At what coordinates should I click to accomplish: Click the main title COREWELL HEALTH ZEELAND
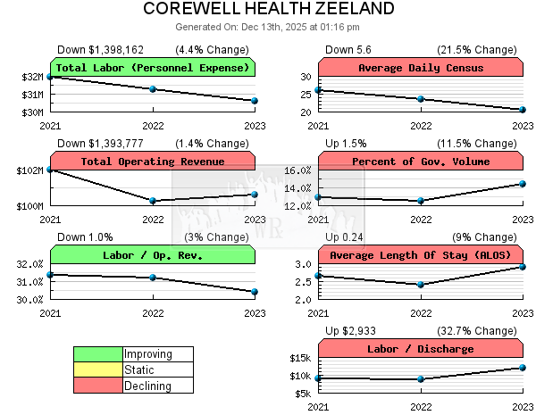[x=268, y=9]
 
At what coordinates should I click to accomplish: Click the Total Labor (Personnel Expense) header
[x=152, y=68]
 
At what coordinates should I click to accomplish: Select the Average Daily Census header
[x=420, y=68]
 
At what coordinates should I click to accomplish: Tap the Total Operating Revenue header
[x=152, y=162]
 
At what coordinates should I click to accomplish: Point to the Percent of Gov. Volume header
[x=420, y=162]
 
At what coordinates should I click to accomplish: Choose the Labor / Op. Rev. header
[x=152, y=255]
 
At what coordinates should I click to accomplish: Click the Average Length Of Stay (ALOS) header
[x=420, y=255]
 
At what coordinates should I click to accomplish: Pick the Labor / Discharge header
[x=420, y=349]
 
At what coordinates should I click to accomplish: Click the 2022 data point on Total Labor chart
[x=153, y=89]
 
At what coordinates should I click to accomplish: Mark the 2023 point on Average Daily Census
[x=523, y=110]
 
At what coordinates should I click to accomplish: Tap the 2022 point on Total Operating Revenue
[x=153, y=201]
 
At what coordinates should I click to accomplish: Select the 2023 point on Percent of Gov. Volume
[x=523, y=184]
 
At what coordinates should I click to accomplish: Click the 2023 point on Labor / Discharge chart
[x=523, y=368]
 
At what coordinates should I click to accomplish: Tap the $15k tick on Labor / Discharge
[x=299, y=358]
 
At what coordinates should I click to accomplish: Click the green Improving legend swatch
[x=97, y=354]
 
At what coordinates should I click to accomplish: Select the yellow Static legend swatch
[x=97, y=369]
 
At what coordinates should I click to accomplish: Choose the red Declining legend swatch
[x=97, y=385]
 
